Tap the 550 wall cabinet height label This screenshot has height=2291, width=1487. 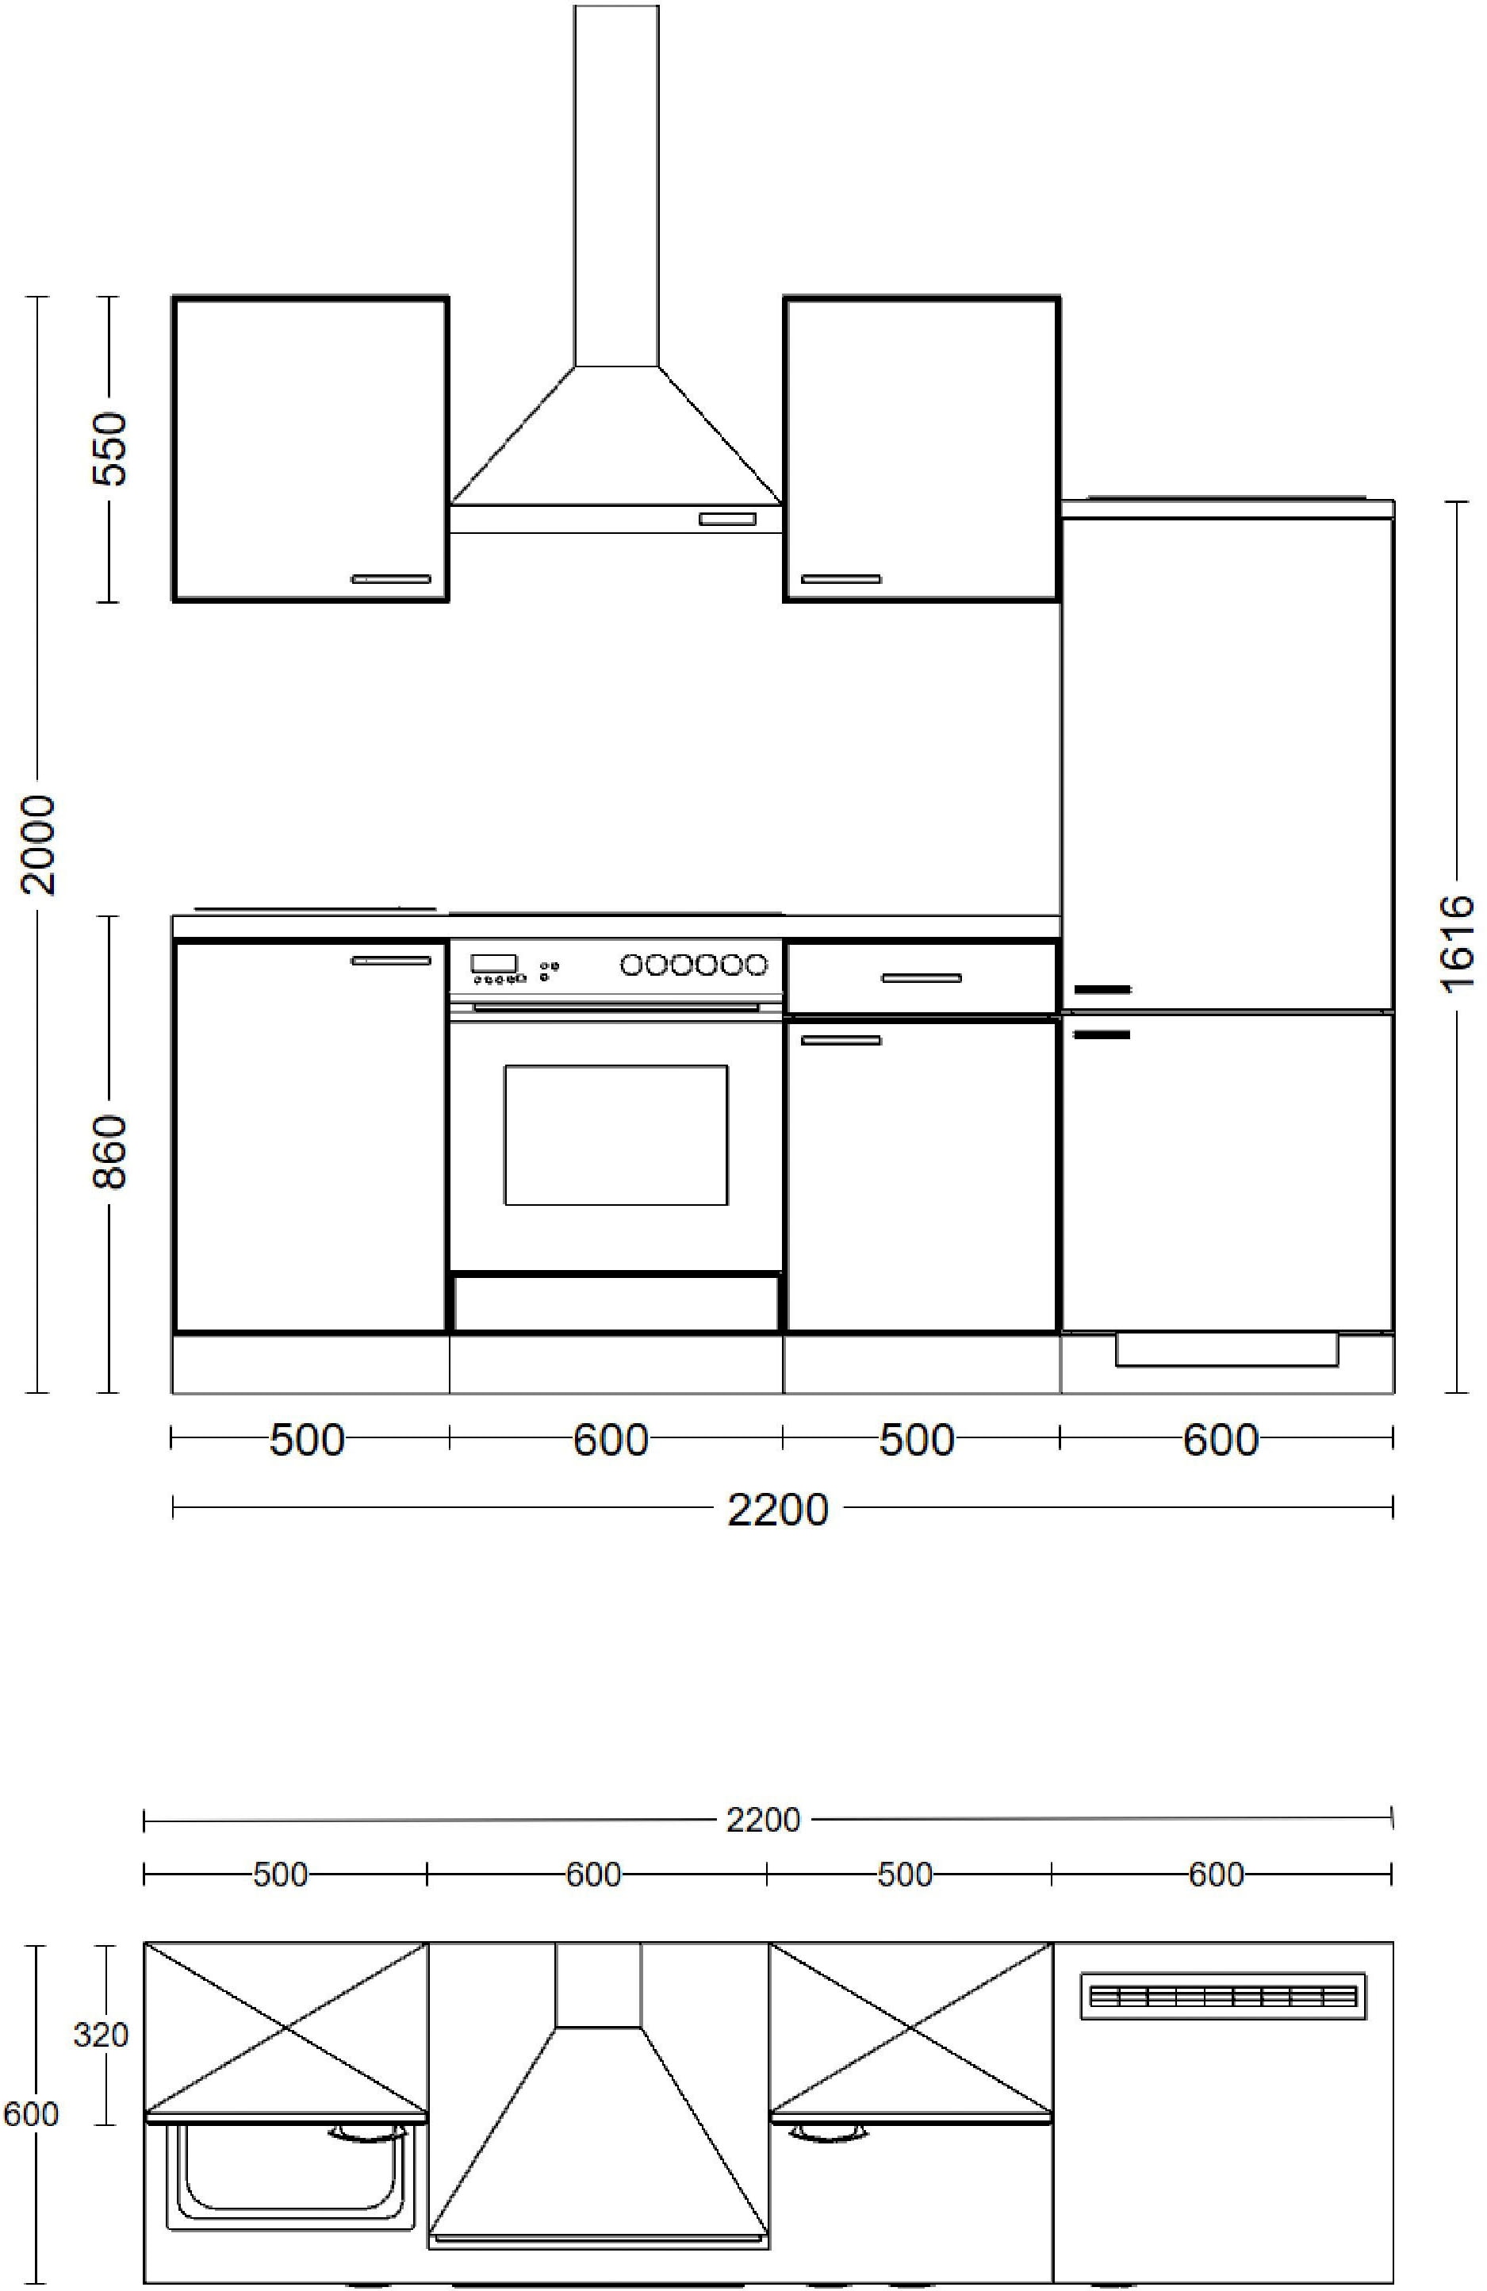pos(109,448)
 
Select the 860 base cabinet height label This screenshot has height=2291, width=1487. pos(109,1152)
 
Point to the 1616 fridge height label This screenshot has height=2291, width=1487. pos(1458,942)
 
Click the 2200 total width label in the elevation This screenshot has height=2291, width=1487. pos(776,1510)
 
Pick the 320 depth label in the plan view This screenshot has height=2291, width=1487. pos(101,2034)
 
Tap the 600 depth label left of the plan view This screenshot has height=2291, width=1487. pos(31,2114)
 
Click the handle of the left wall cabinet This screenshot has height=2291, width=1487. pos(392,578)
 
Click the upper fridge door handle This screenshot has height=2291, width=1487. pos(1102,989)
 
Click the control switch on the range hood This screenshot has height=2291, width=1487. pos(727,520)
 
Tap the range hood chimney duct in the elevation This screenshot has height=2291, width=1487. pos(617,186)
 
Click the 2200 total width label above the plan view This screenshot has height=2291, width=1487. pos(763,1819)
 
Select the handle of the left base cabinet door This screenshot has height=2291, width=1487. pos(392,961)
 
